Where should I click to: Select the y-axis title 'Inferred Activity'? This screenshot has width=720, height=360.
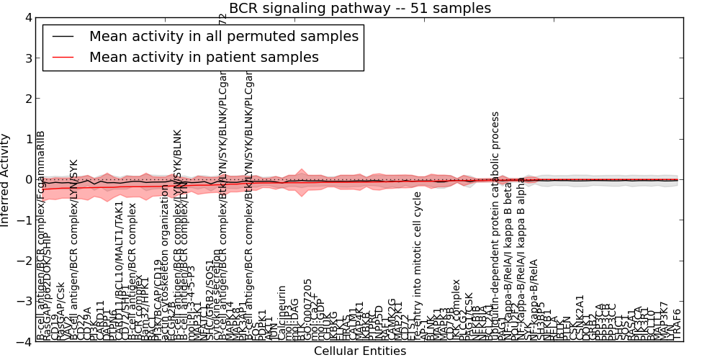click(6, 180)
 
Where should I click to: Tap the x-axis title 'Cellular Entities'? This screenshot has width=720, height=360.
click(359, 351)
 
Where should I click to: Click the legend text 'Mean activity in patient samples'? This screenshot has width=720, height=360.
click(204, 56)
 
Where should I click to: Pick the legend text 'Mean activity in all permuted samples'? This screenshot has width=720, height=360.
click(223, 36)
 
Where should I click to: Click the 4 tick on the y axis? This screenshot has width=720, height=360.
click(28, 17)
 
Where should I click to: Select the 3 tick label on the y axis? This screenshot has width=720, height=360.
click(28, 58)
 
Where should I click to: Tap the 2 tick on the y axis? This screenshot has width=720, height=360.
click(28, 99)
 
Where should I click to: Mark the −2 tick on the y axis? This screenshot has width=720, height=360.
click(25, 261)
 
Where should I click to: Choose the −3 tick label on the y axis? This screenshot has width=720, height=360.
click(25, 302)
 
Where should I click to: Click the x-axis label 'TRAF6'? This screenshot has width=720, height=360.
click(676, 324)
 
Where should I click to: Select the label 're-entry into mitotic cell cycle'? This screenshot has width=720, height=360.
click(418, 266)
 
